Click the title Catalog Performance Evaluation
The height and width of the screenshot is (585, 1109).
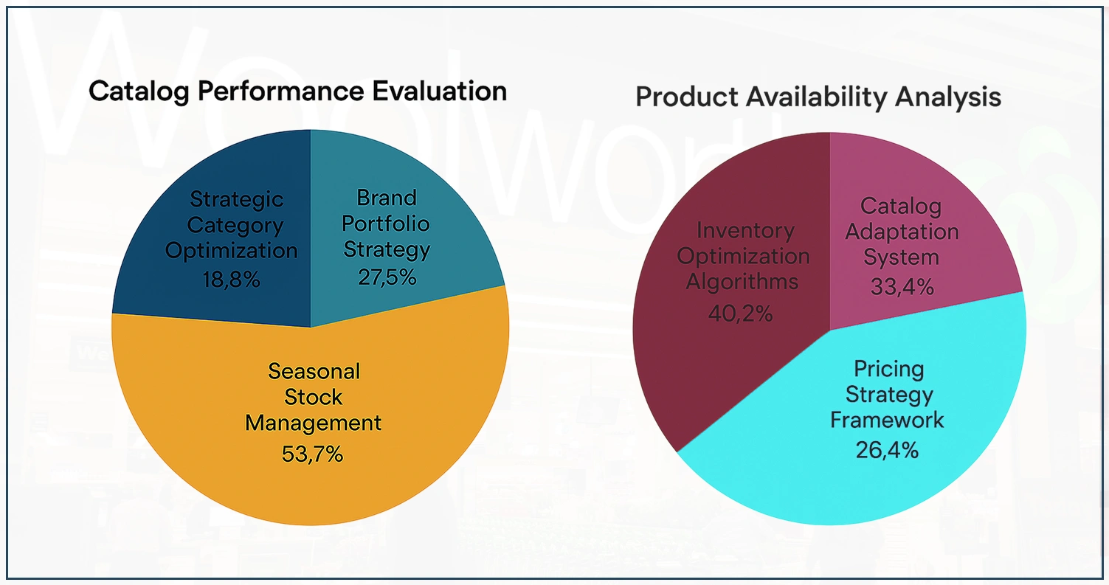tap(297, 91)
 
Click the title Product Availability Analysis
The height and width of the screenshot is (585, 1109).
tap(818, 97)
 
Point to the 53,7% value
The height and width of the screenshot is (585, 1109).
tap(312, 453)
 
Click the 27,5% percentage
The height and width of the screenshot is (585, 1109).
tap(387, 277)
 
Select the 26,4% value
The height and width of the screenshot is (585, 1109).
tap(887, 449)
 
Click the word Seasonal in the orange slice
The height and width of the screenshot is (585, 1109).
tap(314, 370)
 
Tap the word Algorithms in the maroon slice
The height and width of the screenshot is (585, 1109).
tap(742, 282)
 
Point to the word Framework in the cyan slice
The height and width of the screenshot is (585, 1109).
tap(887, 420)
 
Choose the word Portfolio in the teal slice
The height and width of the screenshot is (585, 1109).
tap(386, 223)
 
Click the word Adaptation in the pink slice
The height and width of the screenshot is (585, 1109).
tap(902, 231)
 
